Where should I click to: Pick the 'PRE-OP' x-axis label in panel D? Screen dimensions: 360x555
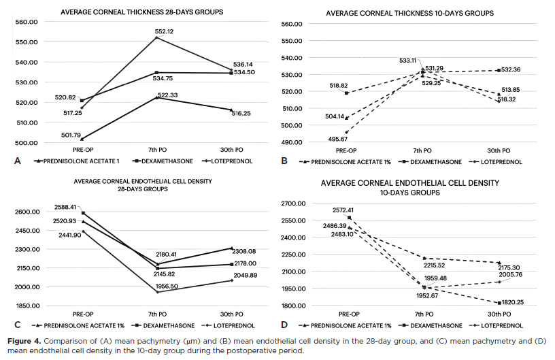click(348, 314)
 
